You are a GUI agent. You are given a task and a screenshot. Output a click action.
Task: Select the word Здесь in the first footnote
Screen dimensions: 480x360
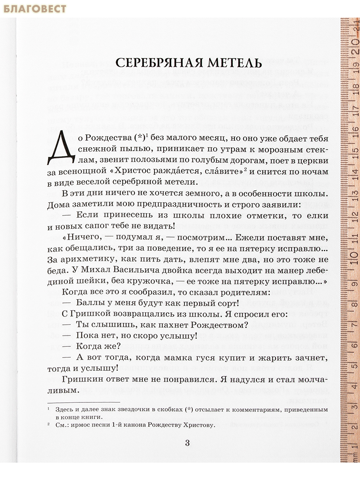click(65, 410)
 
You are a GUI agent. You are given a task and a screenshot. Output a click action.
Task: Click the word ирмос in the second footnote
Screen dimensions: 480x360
click(84, 425)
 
